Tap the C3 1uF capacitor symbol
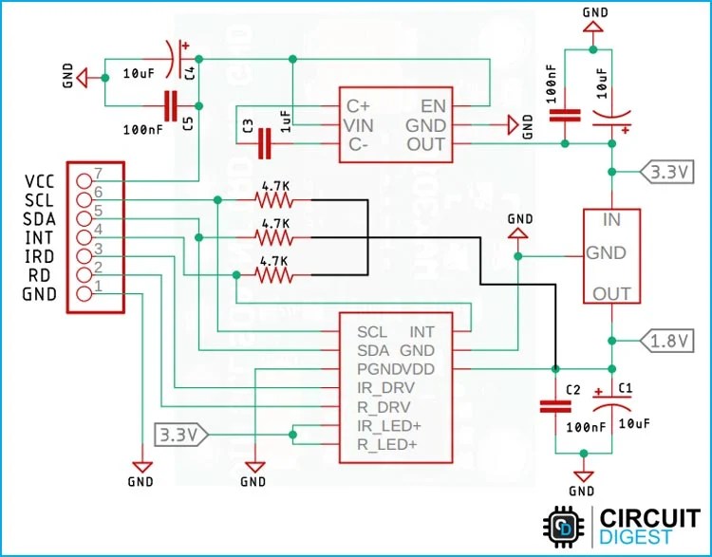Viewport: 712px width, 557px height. pyautogui.click(x=265, y=144)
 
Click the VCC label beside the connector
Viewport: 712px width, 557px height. pyautogui.click(x=40, y=180)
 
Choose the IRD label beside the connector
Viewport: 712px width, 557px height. pyautogui.click(x=40, y=256)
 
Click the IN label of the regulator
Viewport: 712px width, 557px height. pyautogui.click(x=612, y=220)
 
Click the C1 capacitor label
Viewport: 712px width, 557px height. pyautogui.click(x=624, y=387)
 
